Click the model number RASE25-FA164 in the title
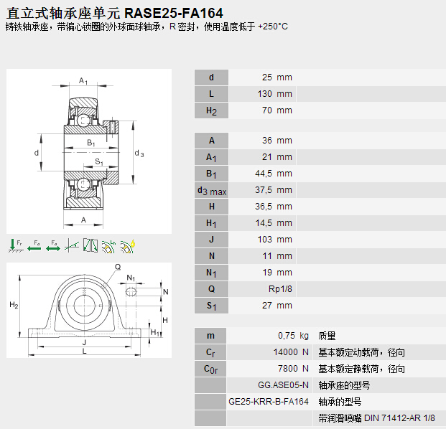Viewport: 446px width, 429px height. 173,12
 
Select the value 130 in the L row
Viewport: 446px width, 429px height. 266,94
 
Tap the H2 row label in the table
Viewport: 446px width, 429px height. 211,110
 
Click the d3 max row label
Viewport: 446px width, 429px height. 211,190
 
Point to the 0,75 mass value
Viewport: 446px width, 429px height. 287,336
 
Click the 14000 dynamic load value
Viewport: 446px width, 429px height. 285,352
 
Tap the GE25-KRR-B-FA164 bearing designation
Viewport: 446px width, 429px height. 268,402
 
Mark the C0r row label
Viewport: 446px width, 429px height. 211,369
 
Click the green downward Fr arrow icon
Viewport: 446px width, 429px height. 15,245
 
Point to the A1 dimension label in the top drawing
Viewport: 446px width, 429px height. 84,80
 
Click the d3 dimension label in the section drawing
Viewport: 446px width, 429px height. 139,154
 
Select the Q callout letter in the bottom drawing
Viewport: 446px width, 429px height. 118,266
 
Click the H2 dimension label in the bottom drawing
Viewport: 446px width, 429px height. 14,306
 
